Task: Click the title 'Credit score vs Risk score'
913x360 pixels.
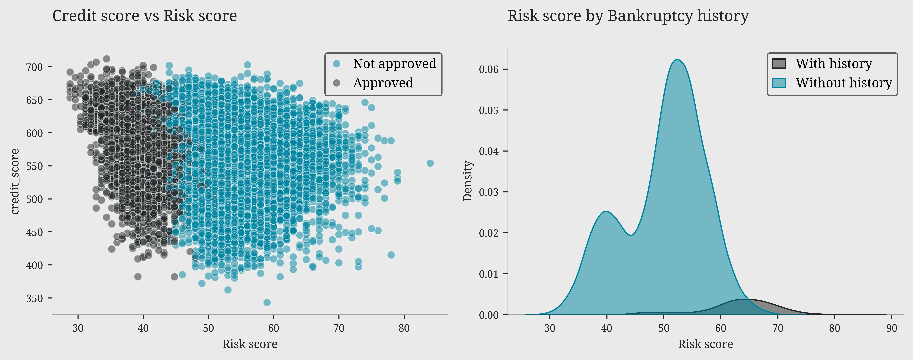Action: pyautogui.click(x=145, y=16)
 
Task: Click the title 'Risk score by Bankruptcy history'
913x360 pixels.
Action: pyautogui.click(x=628, y=16)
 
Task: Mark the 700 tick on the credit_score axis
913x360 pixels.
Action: pyautogui.click(x=34, y=67)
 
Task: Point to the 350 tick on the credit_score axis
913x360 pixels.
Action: pyautogui.click(x=34, y=298)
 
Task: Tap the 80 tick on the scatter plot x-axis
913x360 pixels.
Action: pyautogui.click(x=404, y=328)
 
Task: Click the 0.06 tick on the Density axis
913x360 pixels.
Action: pyautogui.click(x=488, y=69)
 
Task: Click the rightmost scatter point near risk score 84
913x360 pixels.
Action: pyautogui.click(x=430, y=163)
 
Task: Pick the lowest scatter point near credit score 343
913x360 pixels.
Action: pyautogui.click(x=267, y=302)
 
